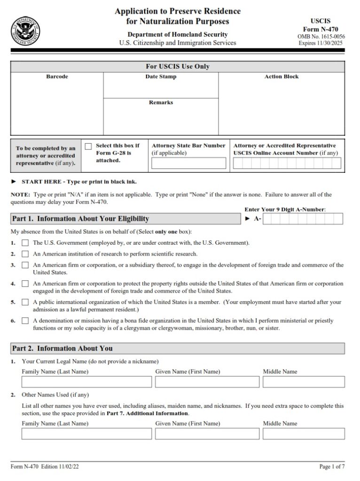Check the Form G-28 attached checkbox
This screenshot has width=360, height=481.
click(x=88, y=147)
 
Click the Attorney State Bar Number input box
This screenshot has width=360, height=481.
click(x=188, y=163)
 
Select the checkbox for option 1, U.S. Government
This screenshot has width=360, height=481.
click(x=25, y=243)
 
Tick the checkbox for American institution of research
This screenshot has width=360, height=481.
click(x=25, y=254)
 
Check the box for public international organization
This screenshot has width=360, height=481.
click(x=25, y=303)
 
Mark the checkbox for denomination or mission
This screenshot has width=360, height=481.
click(x=25, y=321)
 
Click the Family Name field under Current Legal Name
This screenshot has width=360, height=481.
click(x=85, y=382)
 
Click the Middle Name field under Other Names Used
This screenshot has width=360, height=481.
click(x=304, y=434)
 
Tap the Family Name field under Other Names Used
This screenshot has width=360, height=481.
click(x=85, y=434)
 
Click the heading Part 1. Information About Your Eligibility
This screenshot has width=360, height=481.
click(x=80, y=219)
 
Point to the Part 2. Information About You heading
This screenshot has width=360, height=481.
click(x=63, y=349)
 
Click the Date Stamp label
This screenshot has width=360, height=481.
click(x=161, y=77)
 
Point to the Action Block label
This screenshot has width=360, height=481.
click(x=282, y=77)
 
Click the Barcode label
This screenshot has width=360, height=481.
click(x=57, y=77)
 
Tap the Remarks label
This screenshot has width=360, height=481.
click(x=161, y=102)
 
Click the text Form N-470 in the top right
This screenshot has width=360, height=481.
click(x=321, y=29)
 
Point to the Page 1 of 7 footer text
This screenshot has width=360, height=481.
click(x=332, y=467)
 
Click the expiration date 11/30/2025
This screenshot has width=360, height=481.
click(x=330, y=43)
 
